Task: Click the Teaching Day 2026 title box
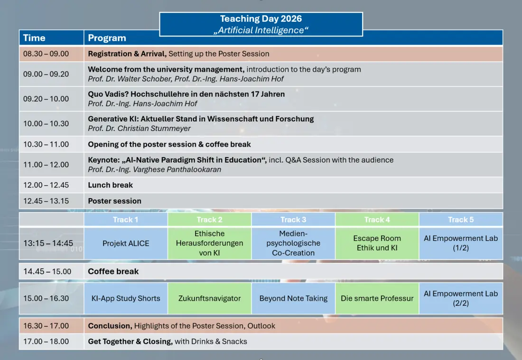tap(261, 24)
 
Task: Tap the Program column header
tap(107, 38)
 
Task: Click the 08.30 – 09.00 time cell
tap(51, 54)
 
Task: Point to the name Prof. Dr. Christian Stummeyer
tap(139, 129)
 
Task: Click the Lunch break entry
tap(110, 185)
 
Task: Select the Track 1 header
tap(125, 220)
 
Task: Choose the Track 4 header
tap(377, 220)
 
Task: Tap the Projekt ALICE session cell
tap(125, 243)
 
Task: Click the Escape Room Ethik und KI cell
tap(377, 243)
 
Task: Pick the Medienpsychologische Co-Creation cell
tap(293, 243)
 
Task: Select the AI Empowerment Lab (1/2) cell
tap(461, 243)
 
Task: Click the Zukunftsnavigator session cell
tap(209, 298)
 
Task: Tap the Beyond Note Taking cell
tap(293, 298)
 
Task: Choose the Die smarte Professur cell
tap(377, 298)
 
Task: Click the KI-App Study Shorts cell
tap(125, 298)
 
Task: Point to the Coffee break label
tap(113, 271)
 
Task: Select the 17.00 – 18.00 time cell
tap(51, 342)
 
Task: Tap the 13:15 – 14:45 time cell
tap(51, 243)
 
